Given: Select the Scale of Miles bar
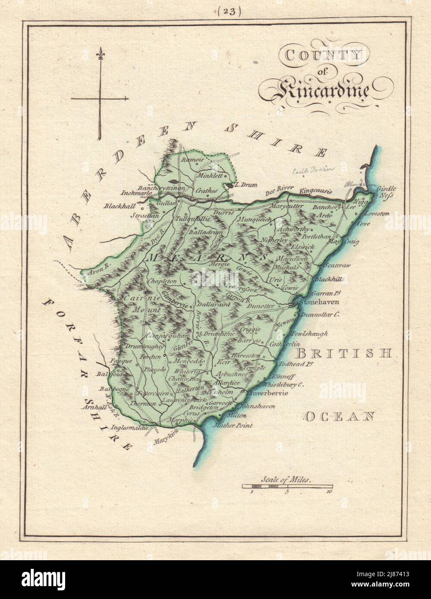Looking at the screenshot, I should (x=286, y=486).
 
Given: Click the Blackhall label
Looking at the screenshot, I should (x=117, y=206).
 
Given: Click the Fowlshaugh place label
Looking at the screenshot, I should (x=309, y=333).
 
